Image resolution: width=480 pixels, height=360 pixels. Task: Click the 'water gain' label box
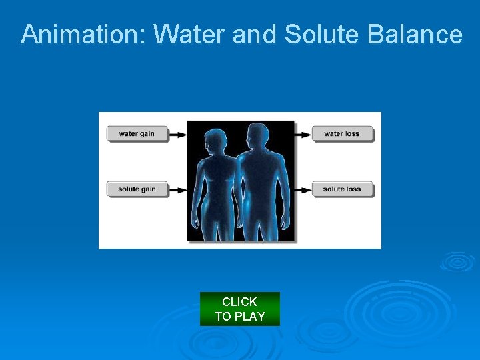tap(137, 133)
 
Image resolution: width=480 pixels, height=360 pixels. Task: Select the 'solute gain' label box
tap(137, 189)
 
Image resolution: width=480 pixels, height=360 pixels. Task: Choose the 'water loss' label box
tap(342, 133)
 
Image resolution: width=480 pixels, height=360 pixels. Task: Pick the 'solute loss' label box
tap(342, 189)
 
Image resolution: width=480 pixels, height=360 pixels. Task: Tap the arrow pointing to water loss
tap(303, 134)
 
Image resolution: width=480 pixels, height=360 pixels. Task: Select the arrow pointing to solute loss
tap(303, 189)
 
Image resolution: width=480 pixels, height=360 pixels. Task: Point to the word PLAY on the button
tap(249, 317)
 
